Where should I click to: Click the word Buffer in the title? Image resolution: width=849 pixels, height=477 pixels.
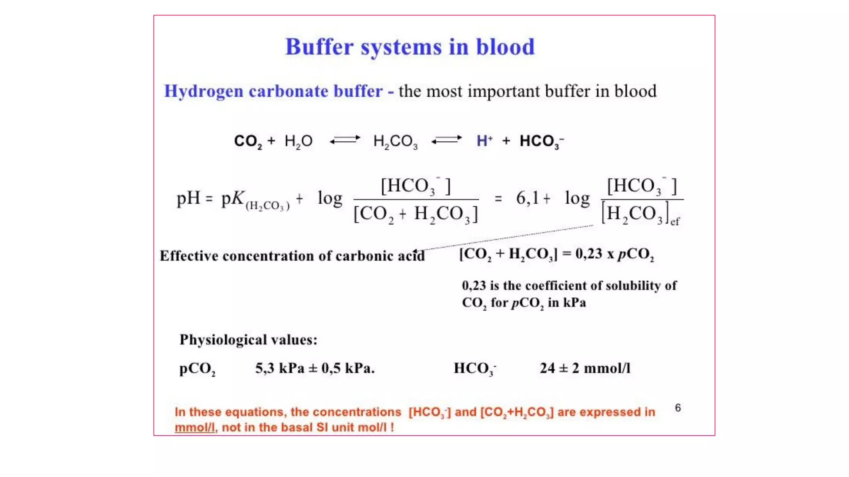319,47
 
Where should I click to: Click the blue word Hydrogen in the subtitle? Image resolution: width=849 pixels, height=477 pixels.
204,92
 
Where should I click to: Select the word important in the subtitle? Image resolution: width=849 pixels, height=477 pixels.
503,92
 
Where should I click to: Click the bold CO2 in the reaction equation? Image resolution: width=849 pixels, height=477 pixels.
247,141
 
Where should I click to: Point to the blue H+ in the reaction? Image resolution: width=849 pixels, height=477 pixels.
484,141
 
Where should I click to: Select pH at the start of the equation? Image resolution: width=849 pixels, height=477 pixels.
189,198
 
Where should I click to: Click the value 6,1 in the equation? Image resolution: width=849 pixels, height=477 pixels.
527,198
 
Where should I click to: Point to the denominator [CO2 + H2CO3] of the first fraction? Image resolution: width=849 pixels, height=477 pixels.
416,214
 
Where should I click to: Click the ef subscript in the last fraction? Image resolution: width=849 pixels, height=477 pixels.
675,222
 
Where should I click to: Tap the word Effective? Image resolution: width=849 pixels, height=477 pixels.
189,256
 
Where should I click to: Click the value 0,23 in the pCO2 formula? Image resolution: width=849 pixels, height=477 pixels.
588,253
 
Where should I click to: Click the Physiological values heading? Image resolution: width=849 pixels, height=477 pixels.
248,340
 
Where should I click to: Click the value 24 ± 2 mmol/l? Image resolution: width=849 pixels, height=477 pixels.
585,368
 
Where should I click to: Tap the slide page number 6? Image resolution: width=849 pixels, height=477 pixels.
678,408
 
